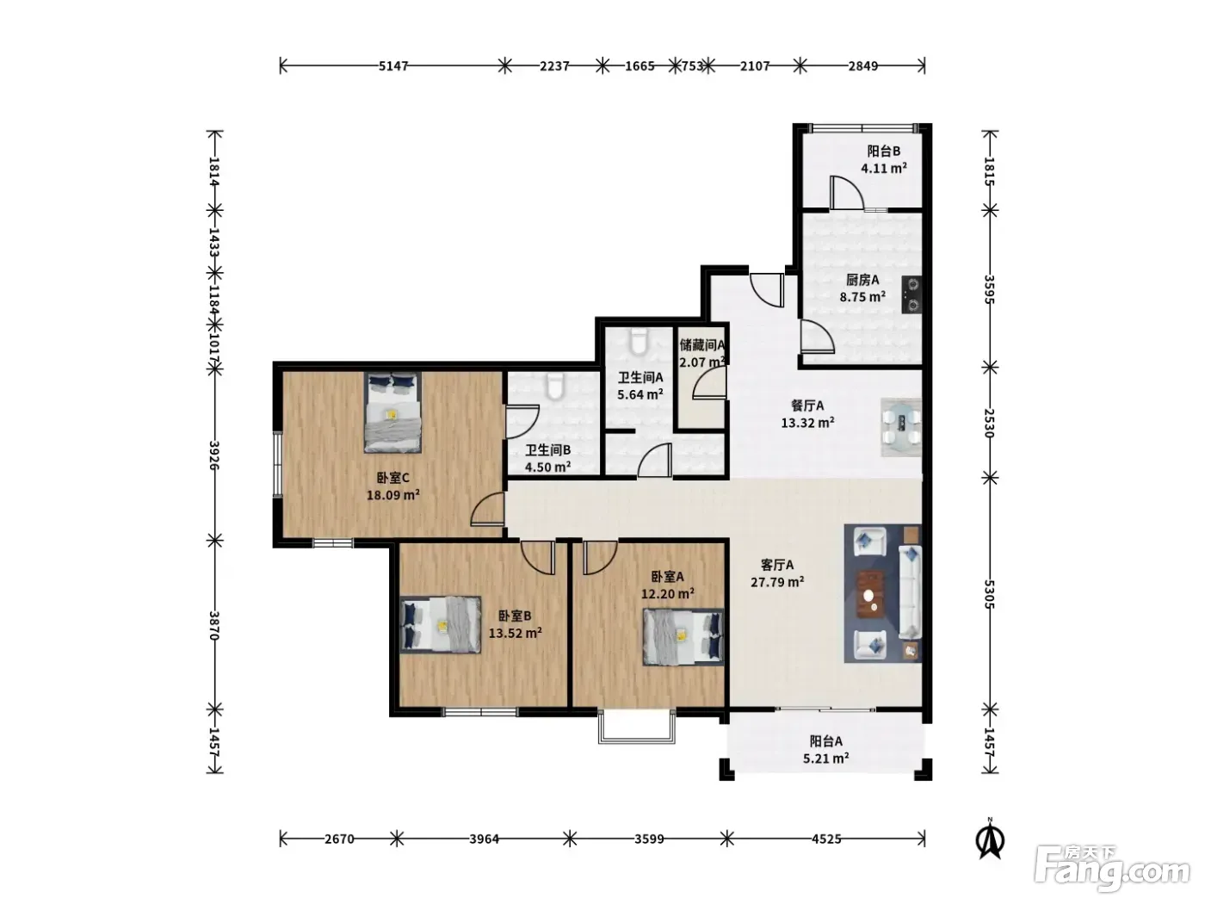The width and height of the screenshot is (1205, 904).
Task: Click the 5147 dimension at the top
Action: [x=393, y=66]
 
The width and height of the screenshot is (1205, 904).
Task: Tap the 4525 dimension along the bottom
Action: [x=826, y=839]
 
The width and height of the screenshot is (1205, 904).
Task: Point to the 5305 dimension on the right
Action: [x=989, y=594]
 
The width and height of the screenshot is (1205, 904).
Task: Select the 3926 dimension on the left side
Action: [x=214, y=455]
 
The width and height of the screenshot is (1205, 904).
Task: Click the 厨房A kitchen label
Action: [x=862, y=280]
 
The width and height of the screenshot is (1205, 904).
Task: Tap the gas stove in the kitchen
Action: [x=911, y=294]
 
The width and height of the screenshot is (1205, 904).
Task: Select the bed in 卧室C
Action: [x=393, y=412]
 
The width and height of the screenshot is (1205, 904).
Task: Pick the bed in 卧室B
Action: [x=441, y=625]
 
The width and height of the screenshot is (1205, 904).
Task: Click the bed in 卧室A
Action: [x=683, y=637]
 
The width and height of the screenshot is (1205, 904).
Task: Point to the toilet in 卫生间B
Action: [x=555, y=387]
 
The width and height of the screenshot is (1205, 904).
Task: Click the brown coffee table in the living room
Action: [x=870, y=593]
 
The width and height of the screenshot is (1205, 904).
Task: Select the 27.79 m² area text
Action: [x=777, y=582]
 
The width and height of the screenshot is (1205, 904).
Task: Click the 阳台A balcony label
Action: [x=826, y=741]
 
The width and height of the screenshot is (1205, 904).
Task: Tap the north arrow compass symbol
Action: [x=990, y=839]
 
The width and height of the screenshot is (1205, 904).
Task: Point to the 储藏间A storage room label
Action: [x=702, y=345]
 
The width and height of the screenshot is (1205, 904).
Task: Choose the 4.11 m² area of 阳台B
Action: [x=884, y=168]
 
